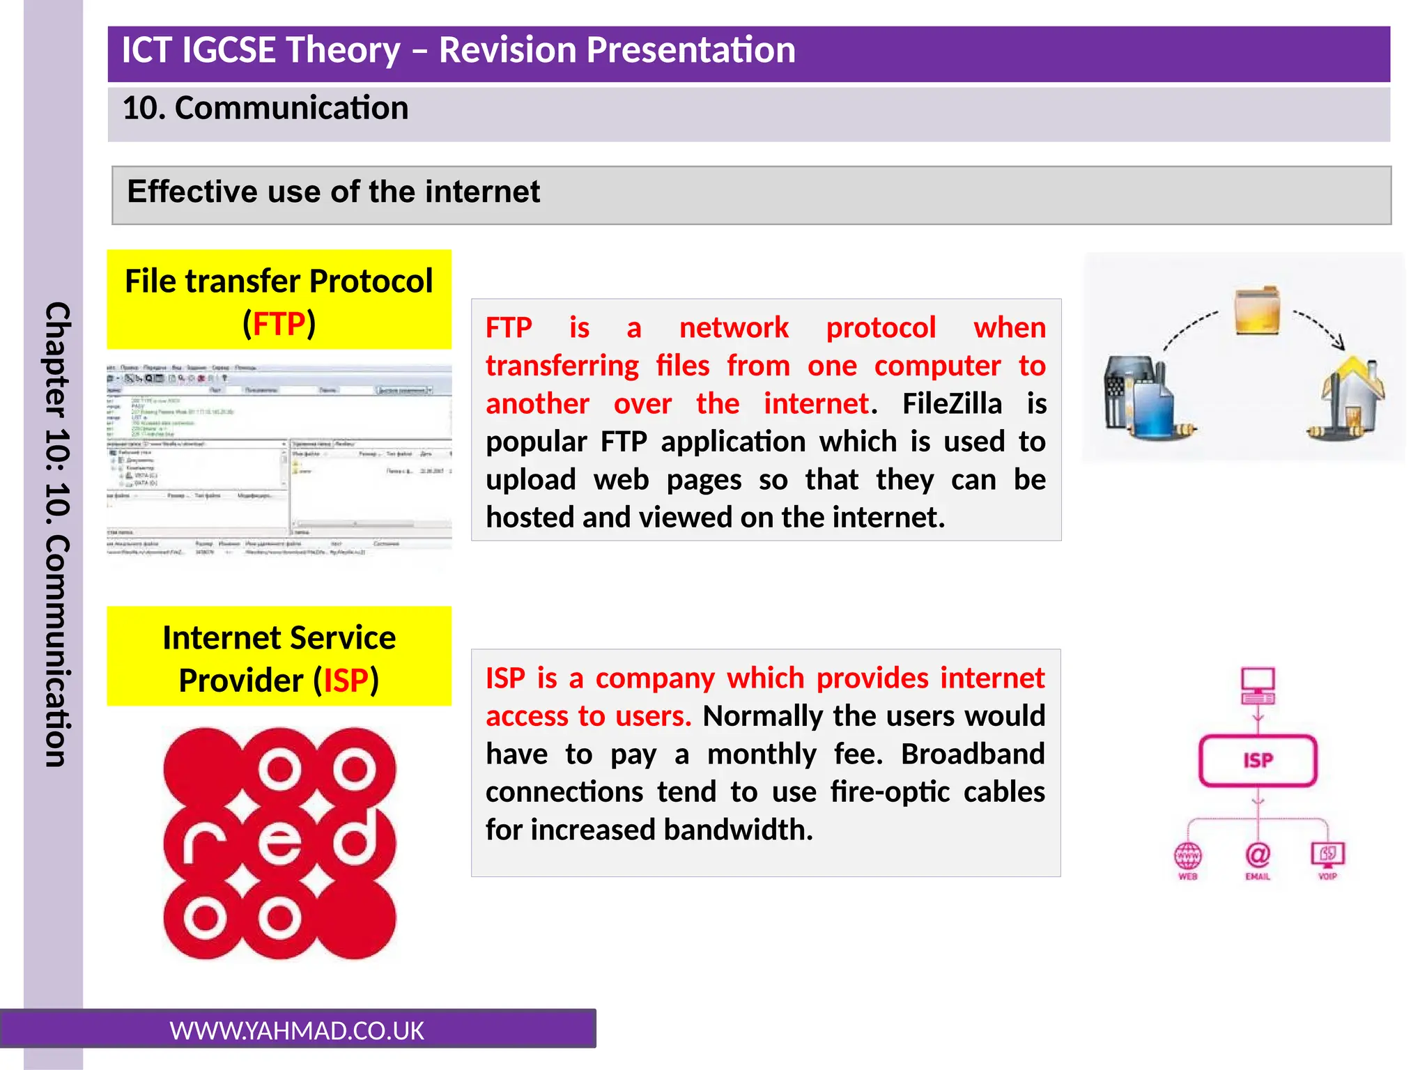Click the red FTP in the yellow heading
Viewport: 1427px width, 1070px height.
tap(279, 325)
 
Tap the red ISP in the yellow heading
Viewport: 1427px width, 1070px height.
tap(346, 681)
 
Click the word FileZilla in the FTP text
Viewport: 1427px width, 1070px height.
tap(952, 404)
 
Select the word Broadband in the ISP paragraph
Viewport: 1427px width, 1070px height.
tap(973, 754)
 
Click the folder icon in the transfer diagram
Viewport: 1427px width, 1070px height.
tap(1257, 311)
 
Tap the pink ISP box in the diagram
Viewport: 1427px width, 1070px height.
tap(1258, 761)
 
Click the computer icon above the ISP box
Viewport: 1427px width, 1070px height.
tap(1258, 685)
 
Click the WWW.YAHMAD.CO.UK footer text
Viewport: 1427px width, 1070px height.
tap(297, 1031)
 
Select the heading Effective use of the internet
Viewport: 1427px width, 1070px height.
tap(333, 192)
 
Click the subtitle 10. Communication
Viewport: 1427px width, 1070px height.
tap(265, 109)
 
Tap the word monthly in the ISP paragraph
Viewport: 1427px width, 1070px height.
tap(762, 754)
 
